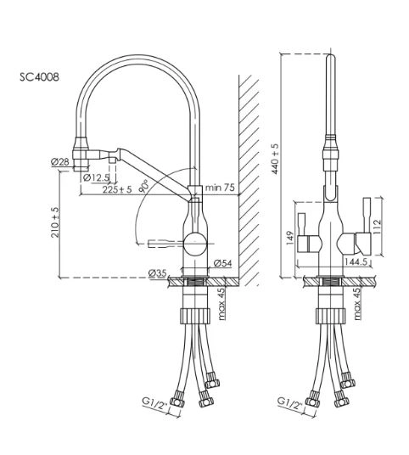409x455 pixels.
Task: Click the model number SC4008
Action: click(39, 77)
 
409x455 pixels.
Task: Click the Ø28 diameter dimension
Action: click(60, 161)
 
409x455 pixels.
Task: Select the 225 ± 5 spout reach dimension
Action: click(117, 189)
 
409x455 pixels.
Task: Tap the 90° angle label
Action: click(144, 186)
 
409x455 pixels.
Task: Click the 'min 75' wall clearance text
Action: click(220, 188)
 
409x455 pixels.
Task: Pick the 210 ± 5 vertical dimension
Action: click(55, 222)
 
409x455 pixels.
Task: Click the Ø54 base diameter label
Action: click(223, 263)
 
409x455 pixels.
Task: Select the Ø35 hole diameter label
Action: click(157, 273)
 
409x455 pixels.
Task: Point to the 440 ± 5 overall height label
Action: click(275, 159)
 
